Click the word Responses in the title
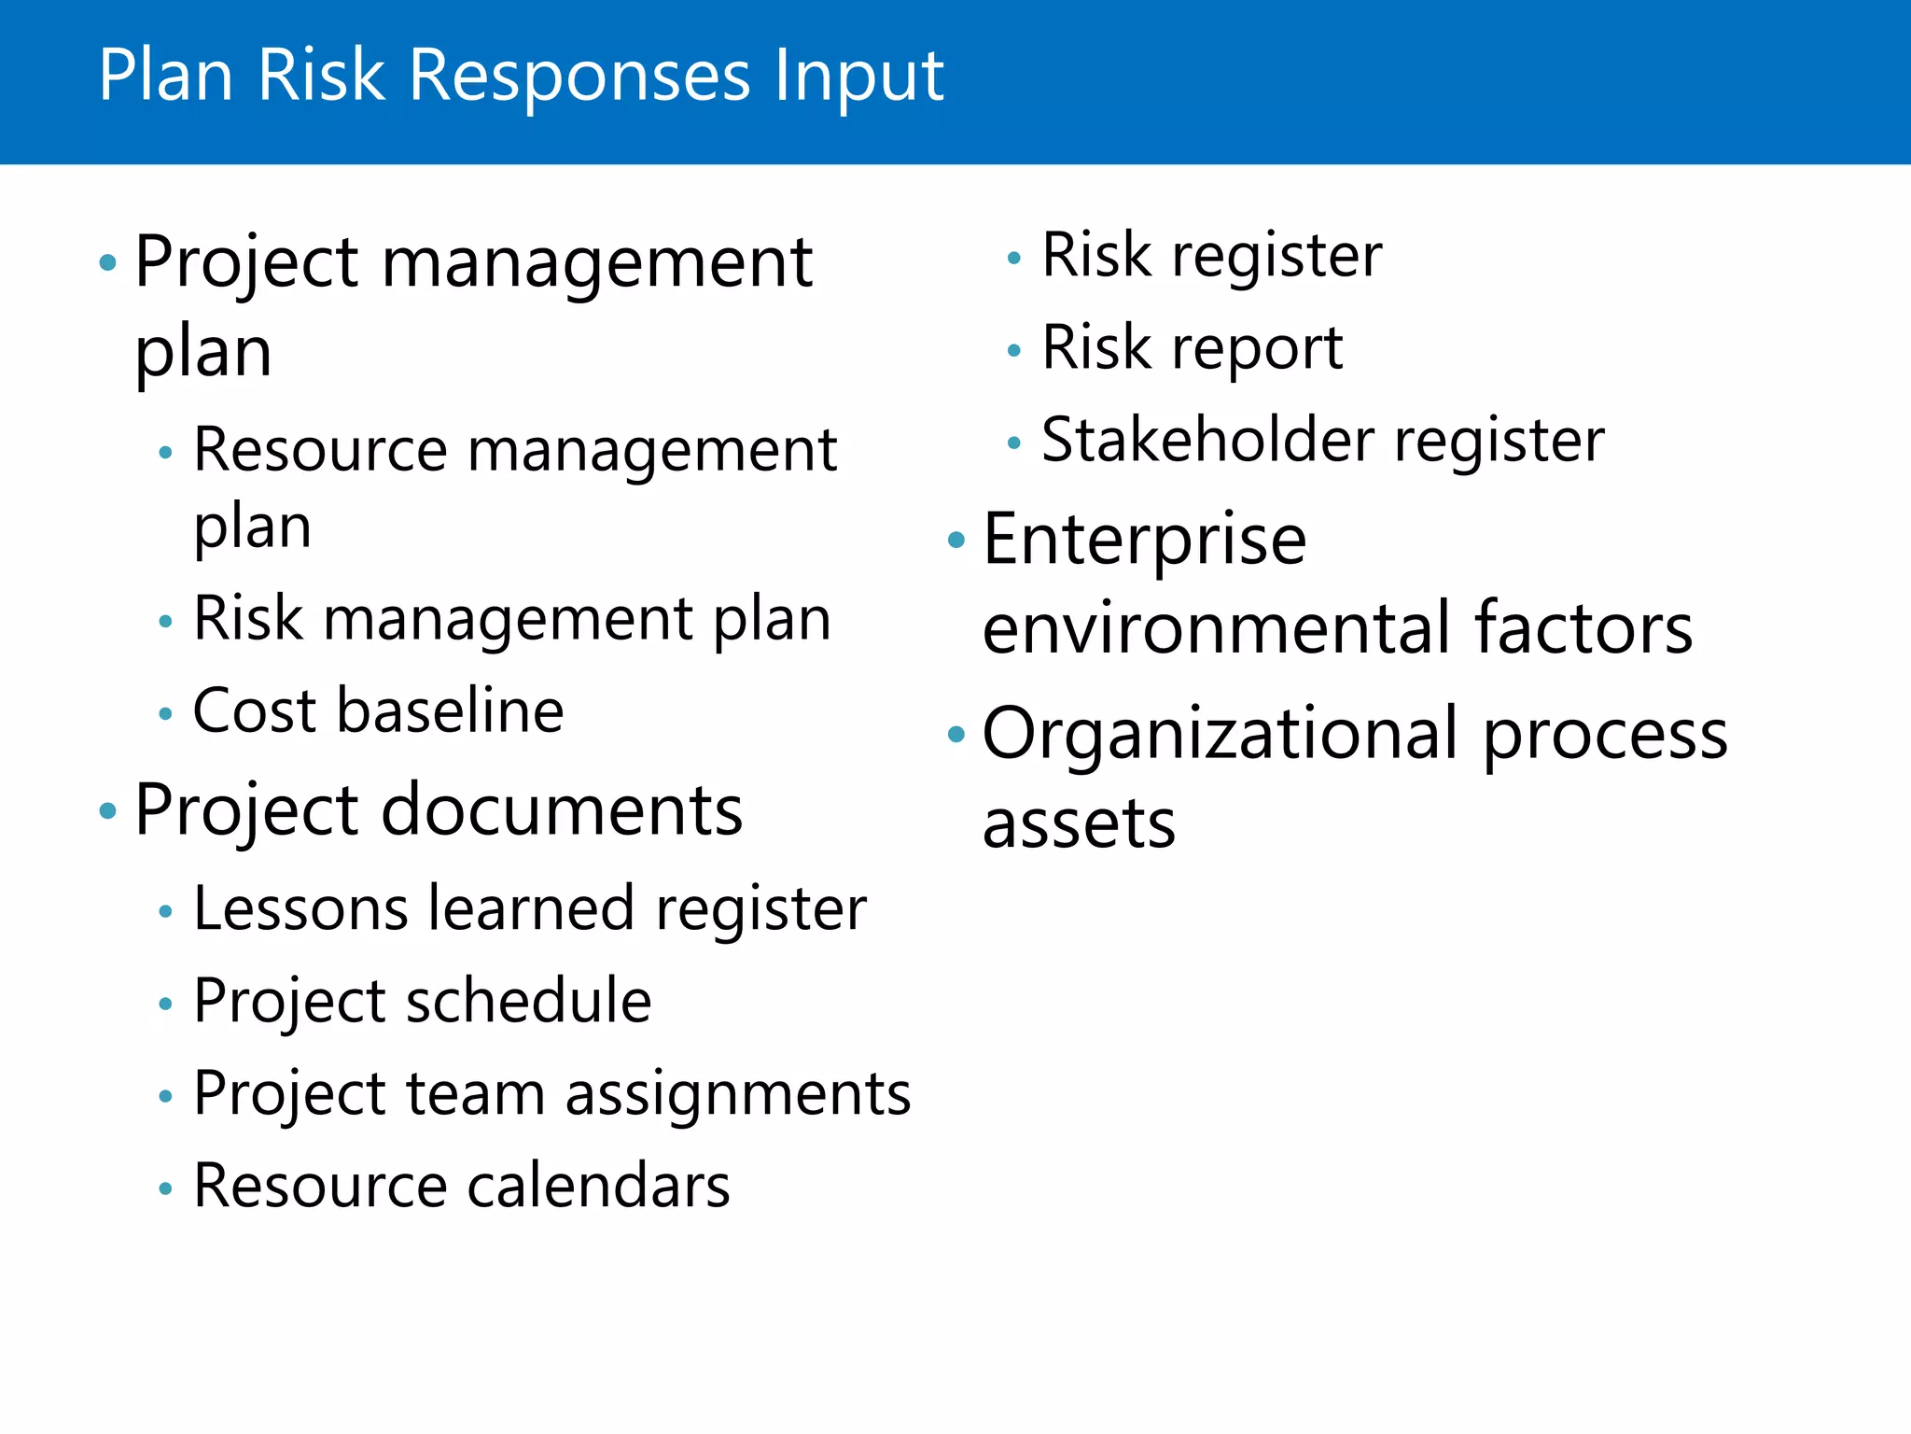click(x=579, y=77)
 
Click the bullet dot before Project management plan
click(x=108, y=263)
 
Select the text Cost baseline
click(x=378, y=711)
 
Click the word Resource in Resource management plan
click(x=320, y=451)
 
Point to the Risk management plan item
click(x=511, y=619)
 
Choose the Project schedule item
click(x=422, y=1002)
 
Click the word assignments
click(x=737, y=1093)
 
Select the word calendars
click(x=598, y=1187)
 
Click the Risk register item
click(x=1211, y=256)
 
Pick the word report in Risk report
click(x=1257, y=349)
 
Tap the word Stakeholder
click(x=1207, y=441)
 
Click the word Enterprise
click(x=1144, y=541)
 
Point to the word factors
click(x=1583, y=629)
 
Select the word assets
click(x=1079, y=824)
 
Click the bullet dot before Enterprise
click(x=955, y=540)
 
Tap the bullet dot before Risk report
click(x=1014, y=352)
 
